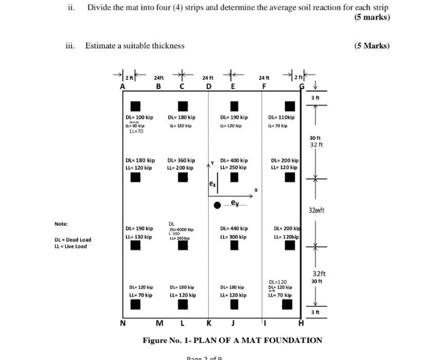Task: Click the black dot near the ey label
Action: click(217, 205)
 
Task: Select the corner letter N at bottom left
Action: click(123, 323)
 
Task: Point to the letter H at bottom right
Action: click(301, 323)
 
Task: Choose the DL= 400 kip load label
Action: click(234, 160)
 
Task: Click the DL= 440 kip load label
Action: click(234, 228)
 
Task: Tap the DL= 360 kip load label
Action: click(181, 160)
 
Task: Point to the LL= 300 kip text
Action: click(234, 236)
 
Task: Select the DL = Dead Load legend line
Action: click(73, 239)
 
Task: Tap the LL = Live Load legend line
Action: click(71, 246)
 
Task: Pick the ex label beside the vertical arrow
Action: click(213, 185)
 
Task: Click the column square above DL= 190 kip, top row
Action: click(234, 105)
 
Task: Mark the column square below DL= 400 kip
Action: click(234, 177)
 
